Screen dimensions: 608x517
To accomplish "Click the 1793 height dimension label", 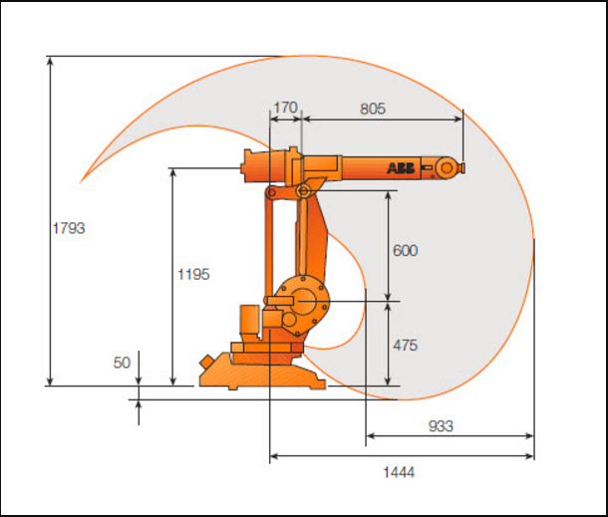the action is click(69, 228).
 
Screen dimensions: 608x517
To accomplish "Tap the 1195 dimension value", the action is click(193, 274).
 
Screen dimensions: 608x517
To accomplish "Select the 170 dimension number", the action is click(285, 108).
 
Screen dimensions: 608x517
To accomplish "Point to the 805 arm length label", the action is click(373, 109).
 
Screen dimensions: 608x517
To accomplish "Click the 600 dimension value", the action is click(406, 250).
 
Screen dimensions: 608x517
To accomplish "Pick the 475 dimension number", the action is click(406, 345).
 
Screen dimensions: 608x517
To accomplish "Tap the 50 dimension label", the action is click(122, 363).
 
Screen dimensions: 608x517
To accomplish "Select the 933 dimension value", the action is click(441, 426).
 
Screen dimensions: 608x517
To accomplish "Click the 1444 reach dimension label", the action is click(399, 472).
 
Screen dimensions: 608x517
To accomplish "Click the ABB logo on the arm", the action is click(401, 168).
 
